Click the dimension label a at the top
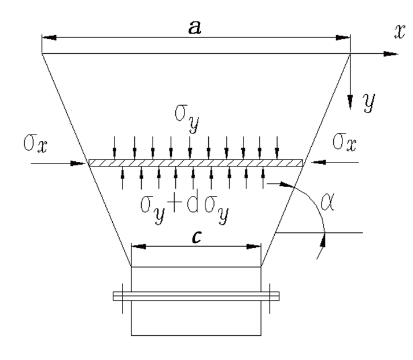[195, 27]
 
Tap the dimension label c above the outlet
[197, 236]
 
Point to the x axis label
[399, 32]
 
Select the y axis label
[369, 102]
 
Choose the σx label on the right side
[345, 142]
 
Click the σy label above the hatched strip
[187, 118]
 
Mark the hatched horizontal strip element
[196, 163]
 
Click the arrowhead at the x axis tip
[391, 54]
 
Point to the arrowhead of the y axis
[350, 102]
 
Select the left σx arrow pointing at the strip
[58, 164]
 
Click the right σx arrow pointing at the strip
[334, 162]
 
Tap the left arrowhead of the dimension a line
[49, 38]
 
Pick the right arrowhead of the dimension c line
[253, 247]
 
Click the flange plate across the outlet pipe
[196, 296]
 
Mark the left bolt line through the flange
[123, 298]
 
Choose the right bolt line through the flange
[270, 298]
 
